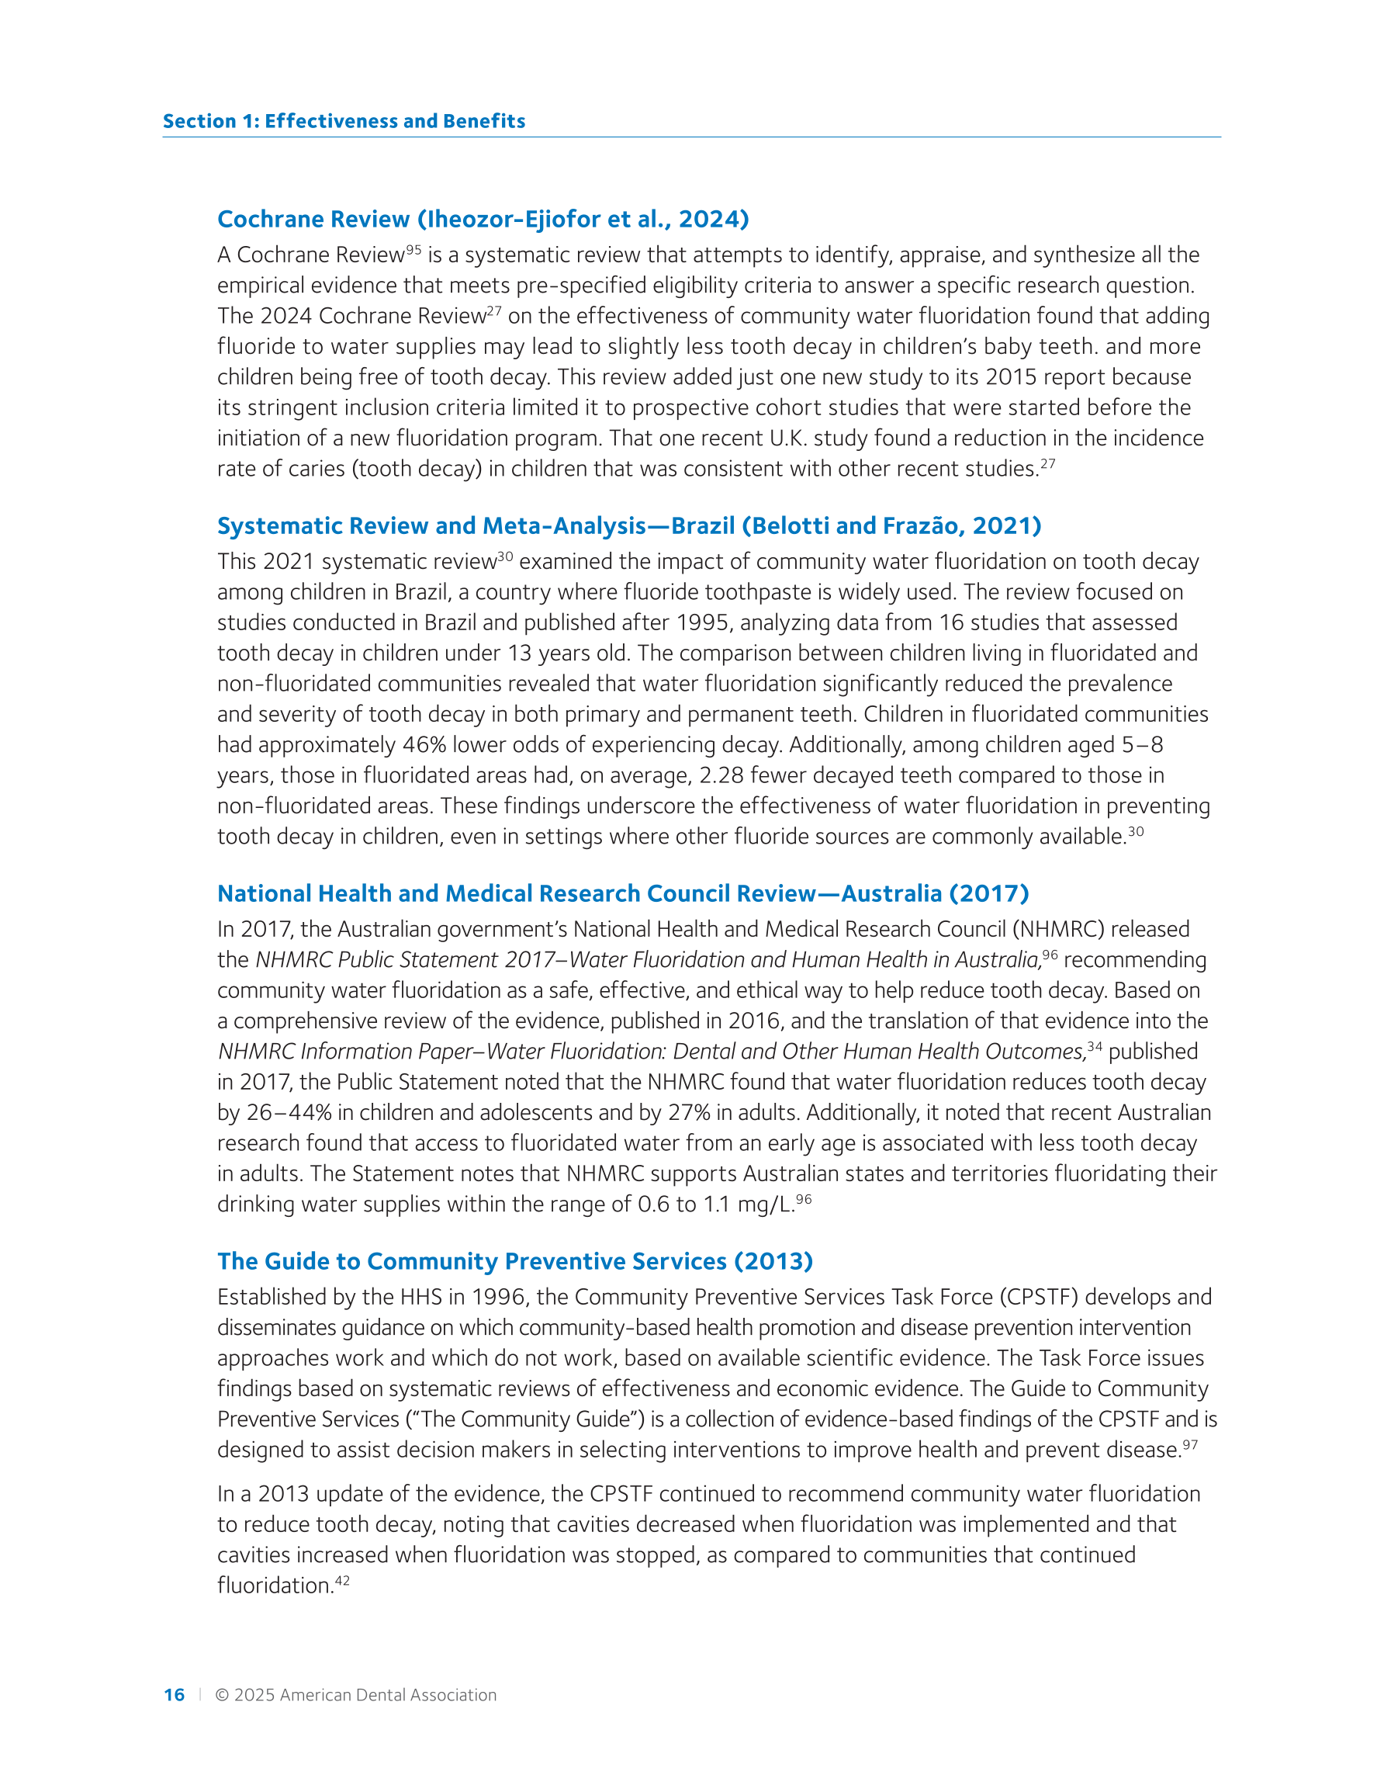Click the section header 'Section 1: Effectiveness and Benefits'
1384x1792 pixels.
tap(344, 121)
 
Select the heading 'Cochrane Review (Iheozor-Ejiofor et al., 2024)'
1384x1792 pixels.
tap(483, 219)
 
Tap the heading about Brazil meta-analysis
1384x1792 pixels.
tap(629, 526)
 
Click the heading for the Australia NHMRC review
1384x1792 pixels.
tap(623, 893)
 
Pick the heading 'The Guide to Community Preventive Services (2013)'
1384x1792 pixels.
tap(515, 1261)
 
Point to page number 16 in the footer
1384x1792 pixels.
tap(174, 1694)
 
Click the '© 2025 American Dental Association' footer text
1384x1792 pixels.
tap(355, 1694)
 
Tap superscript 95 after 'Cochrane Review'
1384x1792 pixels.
tap(413, 249)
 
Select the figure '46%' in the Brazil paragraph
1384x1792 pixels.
tap(424, 745)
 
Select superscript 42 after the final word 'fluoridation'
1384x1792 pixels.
tap(342, 1579)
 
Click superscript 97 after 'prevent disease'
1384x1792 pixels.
tap(1189, 1444)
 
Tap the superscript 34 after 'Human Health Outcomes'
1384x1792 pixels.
tap(1095, 1046)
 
